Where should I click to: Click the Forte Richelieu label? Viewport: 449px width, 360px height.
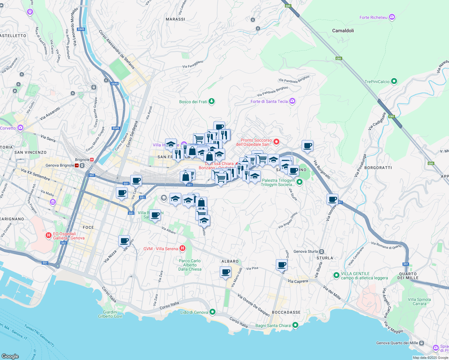click(373, 17)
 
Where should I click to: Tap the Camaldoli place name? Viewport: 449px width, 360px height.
click(343, 31)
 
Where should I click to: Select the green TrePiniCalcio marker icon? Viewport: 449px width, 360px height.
click(394, 81)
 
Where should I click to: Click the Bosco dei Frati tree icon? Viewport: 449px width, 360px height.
click(212, 101)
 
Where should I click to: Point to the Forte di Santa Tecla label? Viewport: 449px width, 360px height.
click(269, 101)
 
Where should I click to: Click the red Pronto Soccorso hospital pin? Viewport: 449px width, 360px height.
click(276, 141)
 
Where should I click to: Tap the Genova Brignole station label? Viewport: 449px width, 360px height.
click(60, 165)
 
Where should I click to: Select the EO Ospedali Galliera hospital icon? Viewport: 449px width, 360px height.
click(48, 235)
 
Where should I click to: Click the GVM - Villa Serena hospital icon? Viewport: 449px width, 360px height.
click(182, 248)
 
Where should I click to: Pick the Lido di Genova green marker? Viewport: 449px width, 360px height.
click(212, 312)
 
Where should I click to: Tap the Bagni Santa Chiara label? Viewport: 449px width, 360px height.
click(273, 325)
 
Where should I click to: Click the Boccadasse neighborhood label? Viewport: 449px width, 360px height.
click(286, 312)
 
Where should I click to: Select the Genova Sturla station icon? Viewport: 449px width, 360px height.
click(322, 251)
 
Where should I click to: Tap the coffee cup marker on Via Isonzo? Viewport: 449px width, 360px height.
click(333, 199)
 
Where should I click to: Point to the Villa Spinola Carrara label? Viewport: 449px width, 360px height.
click(419, 301)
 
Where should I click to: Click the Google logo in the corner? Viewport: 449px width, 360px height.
click(10, 356)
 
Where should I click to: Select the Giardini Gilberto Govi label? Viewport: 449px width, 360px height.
click(110, 314)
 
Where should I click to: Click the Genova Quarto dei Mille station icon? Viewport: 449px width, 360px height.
click(422, 343)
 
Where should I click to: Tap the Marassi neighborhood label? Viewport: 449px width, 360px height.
click(175, 19)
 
